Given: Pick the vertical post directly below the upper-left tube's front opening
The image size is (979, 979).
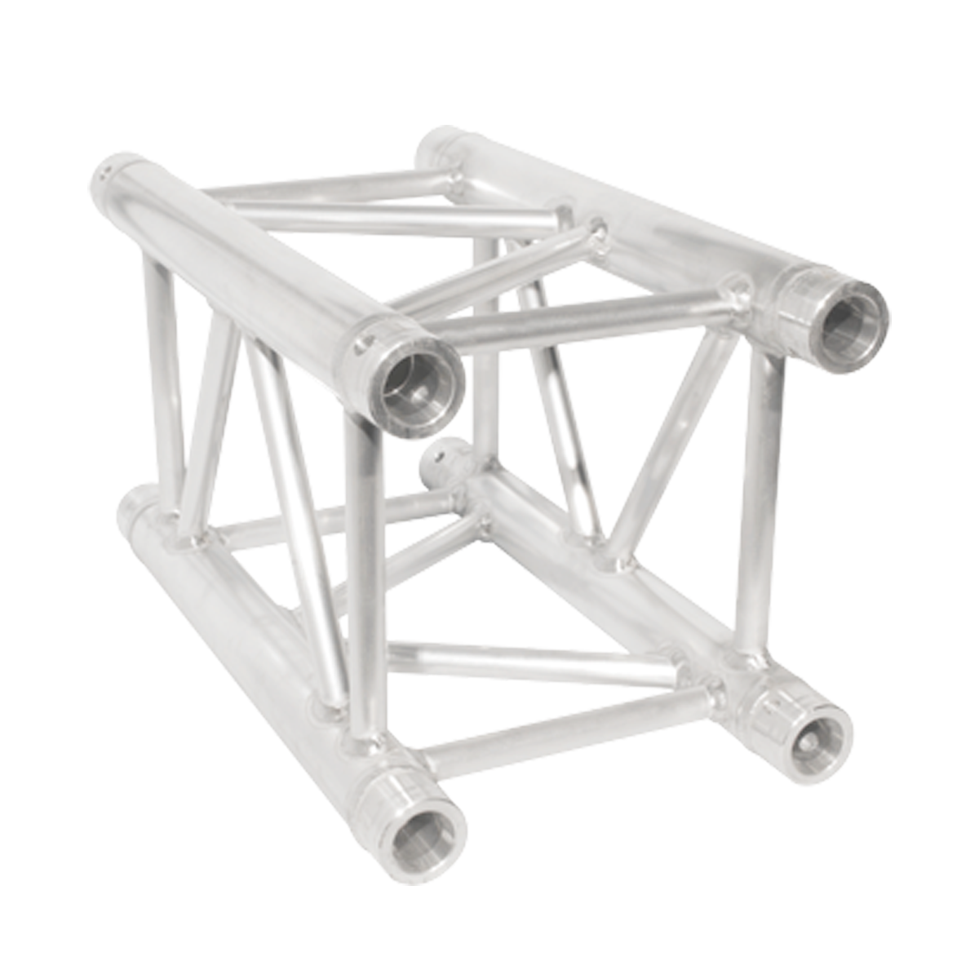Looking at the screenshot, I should [364, 571].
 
